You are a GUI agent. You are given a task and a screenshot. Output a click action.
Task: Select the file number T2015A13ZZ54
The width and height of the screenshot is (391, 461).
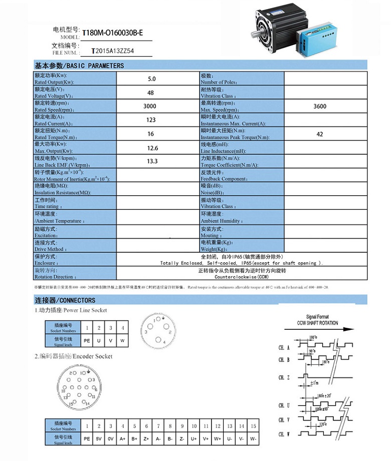tap(113, 51)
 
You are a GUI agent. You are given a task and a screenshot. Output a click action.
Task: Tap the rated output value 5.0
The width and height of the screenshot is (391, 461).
tap(151, 79)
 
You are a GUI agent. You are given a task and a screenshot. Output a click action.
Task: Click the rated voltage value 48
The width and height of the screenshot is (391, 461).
tap(150, 93)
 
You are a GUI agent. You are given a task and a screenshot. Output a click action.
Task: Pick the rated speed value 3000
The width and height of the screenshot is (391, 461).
tap(149, 106)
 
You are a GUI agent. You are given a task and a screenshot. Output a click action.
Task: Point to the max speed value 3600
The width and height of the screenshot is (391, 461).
tap(319, 106)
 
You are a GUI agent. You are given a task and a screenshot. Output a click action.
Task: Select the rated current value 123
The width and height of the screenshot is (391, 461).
tap(150, 120)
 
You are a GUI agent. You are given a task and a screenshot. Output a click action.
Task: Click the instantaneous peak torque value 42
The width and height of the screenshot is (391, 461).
tap(320, 134)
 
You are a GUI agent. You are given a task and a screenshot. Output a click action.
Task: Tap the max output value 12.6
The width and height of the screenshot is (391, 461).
tap(152, 148)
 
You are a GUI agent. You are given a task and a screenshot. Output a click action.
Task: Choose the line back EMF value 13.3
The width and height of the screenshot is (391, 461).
tap(152, 161)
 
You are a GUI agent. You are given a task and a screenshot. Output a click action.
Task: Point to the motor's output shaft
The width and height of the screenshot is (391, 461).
tap(254, 37)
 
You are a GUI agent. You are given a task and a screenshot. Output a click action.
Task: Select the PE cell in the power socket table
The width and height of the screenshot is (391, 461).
tap(86, 341)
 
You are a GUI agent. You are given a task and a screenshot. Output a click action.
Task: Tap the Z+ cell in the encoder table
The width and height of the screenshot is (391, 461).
tap(146, 439)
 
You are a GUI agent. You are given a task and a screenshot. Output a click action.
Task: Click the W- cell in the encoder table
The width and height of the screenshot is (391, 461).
tap(253, 439)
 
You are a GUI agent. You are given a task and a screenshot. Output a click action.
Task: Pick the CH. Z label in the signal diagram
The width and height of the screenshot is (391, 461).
tap(284, 377)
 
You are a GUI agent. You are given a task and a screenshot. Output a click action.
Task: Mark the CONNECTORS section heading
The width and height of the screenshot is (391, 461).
tap(65, 300)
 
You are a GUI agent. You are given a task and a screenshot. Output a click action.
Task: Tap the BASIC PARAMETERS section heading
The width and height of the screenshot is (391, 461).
tap(79, 66)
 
